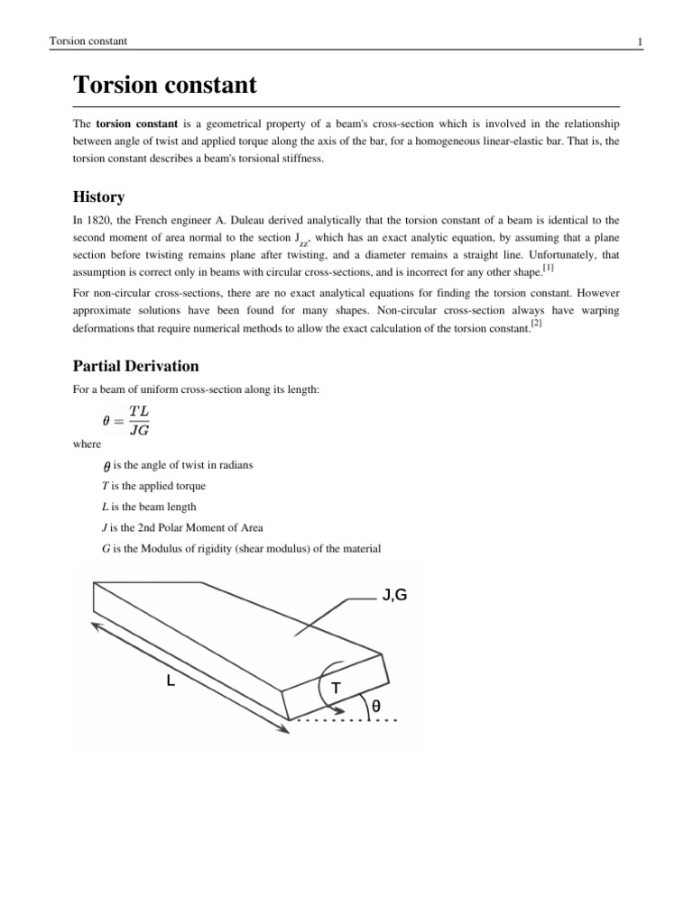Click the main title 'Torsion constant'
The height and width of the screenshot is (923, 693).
(164, 86)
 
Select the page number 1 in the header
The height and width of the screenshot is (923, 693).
(639, 41)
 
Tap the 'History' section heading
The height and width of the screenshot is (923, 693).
(98, 196)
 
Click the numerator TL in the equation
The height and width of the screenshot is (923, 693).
(139, 411)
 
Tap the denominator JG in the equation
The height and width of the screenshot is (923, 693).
(139, 429)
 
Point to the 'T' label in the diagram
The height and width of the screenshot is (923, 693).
(336, 689)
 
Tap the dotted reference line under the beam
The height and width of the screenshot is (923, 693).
(343, 721)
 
